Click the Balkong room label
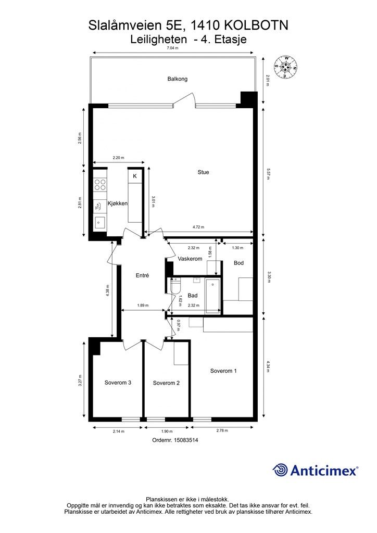(x=177, y=79)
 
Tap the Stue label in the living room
(x=203, y=172)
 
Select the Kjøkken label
(x=118, y=204)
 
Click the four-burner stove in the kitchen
(x=100, y=185)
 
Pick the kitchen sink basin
(x=100, y=222)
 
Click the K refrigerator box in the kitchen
(x=135, y=176)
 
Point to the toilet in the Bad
(x=176, y=286)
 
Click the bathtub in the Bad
(x=213, y=295)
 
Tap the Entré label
(x=142, y=275)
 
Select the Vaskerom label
(x=190, y=259)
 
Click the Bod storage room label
(x=238, y=263)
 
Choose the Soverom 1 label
(x=223, y=371)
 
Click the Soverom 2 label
(x=166, y=383)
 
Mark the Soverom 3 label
(x=118, y=383)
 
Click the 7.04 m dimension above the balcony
(x=172, y=48)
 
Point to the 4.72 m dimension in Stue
(x=198, y=227)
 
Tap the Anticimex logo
(x=316, y=471)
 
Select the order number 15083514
(x=186, y=440)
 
